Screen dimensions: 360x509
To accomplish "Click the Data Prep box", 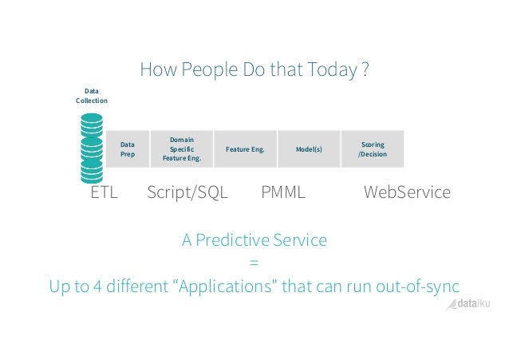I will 127,148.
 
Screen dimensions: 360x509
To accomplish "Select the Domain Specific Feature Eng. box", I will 182,148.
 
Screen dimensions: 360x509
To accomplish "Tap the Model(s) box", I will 309,148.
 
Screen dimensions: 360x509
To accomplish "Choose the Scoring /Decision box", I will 373,148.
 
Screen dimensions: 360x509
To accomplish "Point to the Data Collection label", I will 91,96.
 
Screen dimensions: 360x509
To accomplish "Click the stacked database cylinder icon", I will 92,148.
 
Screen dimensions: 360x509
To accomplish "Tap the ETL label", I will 105,192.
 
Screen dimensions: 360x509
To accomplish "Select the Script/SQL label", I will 188,192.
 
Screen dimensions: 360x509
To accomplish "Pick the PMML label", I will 283,192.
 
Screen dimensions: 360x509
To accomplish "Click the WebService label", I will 407,192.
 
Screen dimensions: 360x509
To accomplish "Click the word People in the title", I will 199,71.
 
